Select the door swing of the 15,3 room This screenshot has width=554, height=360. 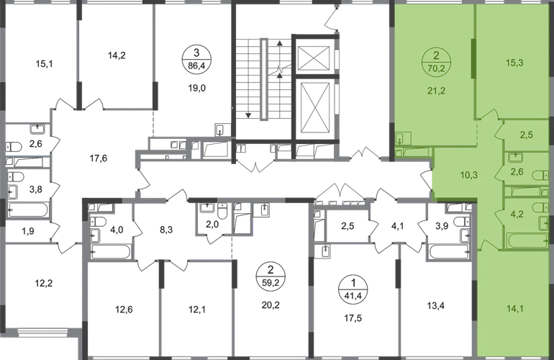coord(493,116)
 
